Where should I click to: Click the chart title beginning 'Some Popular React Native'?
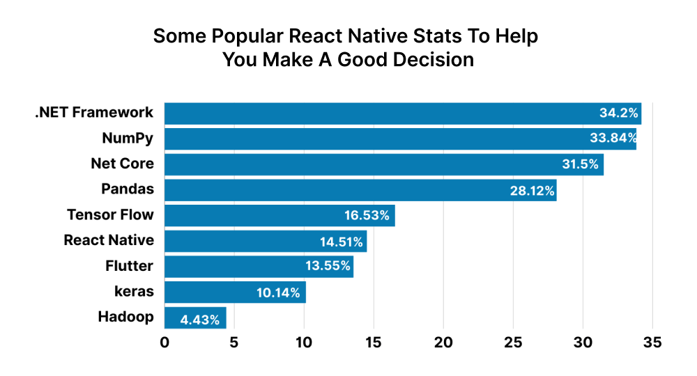coord(346,47)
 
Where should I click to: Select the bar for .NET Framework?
coord(402,113)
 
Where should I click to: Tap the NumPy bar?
coord(400,139)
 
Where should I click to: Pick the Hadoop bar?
coord(195,318)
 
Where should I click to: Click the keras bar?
coord(235,292)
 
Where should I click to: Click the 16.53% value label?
coord(367,215)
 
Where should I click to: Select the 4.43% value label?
coord(200,320)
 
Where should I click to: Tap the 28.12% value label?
coord(533,190)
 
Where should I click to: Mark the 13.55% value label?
coord(328,267)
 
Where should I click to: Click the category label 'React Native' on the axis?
coord(109,241)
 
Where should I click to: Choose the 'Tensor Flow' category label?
coord(110,215)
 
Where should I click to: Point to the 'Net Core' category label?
coord(122,164)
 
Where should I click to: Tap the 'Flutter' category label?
coord(129,266)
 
